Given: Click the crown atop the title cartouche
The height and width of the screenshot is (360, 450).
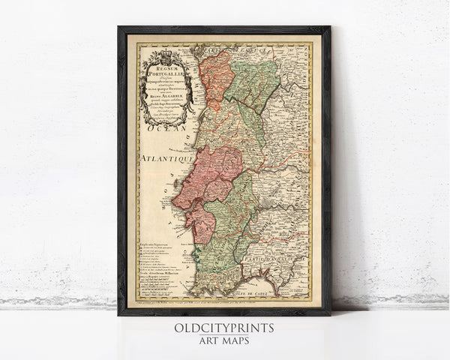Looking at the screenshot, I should (159, 52).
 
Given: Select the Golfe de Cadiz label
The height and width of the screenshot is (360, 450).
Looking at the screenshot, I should (281, 292).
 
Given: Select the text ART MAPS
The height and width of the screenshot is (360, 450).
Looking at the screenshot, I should (224, 342).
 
